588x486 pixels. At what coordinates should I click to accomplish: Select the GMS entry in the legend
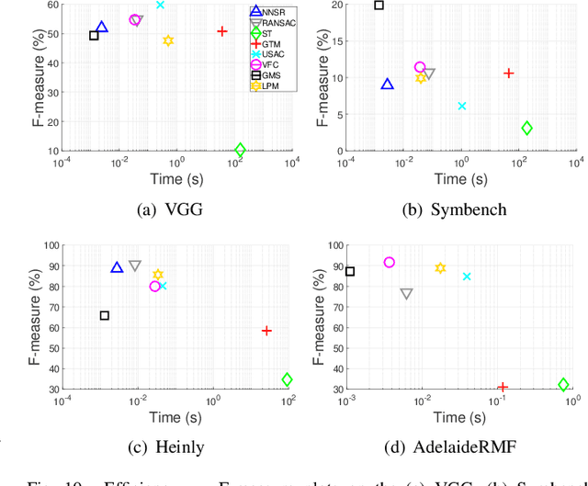click(268, 75)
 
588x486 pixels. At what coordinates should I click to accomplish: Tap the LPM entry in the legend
click(268, 85)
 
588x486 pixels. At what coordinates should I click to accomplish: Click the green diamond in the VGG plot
click(241, 150)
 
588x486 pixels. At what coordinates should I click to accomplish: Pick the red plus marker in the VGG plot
click(222, 31)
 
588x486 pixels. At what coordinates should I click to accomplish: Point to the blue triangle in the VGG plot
click(101, 28)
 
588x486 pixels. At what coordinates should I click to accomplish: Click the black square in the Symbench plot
click(379, 6)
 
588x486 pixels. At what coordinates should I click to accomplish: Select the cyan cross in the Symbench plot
click(462, 107)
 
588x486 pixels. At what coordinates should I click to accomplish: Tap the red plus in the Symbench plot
click(508, 73)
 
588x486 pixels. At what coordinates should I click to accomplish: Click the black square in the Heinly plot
click(104, 316)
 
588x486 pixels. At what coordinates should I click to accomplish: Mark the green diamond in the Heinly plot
click(288, 379)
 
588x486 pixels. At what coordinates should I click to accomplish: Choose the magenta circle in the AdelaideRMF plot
click(390, 263)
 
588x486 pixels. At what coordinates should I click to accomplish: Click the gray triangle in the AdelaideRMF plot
click(406, 294)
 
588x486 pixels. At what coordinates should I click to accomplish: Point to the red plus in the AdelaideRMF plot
click(503, 388)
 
